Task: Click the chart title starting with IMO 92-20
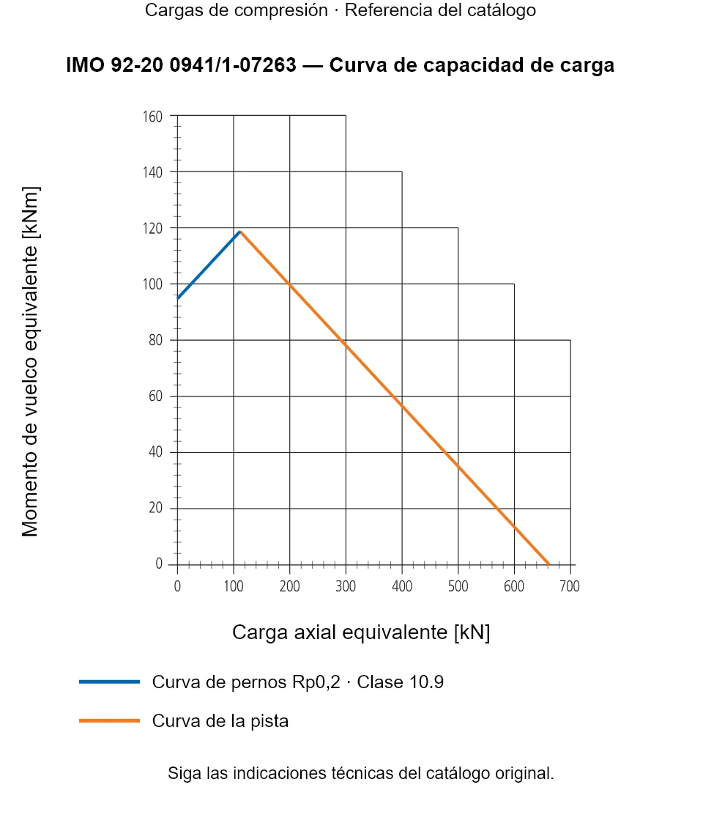tap(340, 65)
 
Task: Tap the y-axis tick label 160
tap(152, 117)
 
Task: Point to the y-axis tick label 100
tap(152, 284)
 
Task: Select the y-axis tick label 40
tap(155, 451)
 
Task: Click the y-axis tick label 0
tap(159, 564)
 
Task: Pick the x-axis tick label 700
tap(570, 586)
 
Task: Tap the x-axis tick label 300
tap(346, 586)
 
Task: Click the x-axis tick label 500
tap(458, 586)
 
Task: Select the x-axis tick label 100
tap(234, 586)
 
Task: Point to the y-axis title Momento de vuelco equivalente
tap(30, 362)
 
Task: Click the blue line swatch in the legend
tap(109, 682)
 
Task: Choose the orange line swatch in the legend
tap(109, 720)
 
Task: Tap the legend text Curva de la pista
tap(220, 721)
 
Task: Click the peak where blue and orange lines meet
tap(240, 232)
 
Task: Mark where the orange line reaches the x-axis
tap(549, 564)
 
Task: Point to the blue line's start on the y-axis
tap(177, 298)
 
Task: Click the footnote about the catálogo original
tap(361, 773)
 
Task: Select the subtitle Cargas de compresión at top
tap(237, 10)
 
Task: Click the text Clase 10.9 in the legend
tap(400, 682)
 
